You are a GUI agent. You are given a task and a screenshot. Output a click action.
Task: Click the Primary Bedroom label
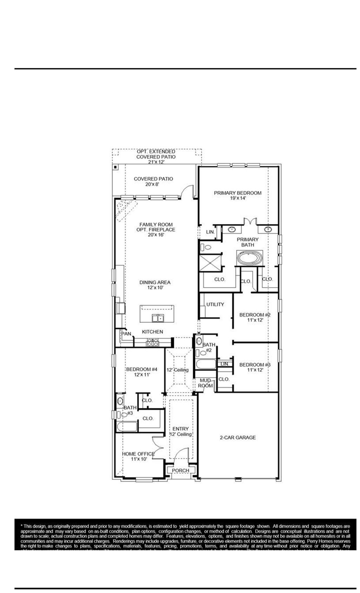[238, 193]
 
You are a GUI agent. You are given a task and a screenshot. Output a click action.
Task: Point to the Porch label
[180, 470]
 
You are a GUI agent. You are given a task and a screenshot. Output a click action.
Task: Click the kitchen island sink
[158, 318]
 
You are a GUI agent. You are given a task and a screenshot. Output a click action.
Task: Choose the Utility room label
[215, 304]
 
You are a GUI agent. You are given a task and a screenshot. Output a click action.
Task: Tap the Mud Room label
[206, 383]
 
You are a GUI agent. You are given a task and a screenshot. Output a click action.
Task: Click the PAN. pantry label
[126, 333]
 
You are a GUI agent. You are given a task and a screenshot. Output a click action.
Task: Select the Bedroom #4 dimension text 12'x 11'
[142, 375]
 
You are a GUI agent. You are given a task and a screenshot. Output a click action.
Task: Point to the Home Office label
[138, 454]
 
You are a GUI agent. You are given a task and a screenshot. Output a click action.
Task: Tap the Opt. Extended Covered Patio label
[156, 154]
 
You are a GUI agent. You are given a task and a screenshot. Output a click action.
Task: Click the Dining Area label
[155, 282]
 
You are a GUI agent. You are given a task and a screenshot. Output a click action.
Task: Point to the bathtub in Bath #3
[127, 427]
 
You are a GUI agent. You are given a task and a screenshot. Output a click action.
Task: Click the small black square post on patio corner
[115, 167]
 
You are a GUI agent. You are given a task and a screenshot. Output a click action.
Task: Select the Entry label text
[180, 428]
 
